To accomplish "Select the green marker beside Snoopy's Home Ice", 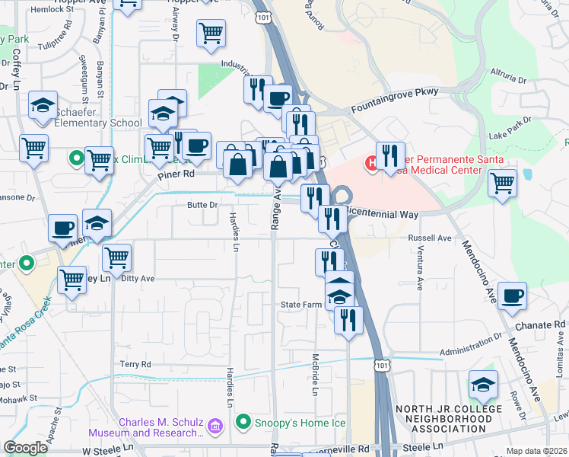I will (244, 421).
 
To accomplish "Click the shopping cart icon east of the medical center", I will (503, 183).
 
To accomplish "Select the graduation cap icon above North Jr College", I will (483, 385).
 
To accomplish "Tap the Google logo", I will (26, 448).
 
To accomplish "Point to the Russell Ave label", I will (430, 238).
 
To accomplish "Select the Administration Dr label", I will (472, 341).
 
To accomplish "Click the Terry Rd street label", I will (135, 364).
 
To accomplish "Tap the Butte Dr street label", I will (202, 205).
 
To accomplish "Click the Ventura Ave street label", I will (420, 272).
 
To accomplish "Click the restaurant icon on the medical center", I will (390, 156).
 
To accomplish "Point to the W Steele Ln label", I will (108, 451).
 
